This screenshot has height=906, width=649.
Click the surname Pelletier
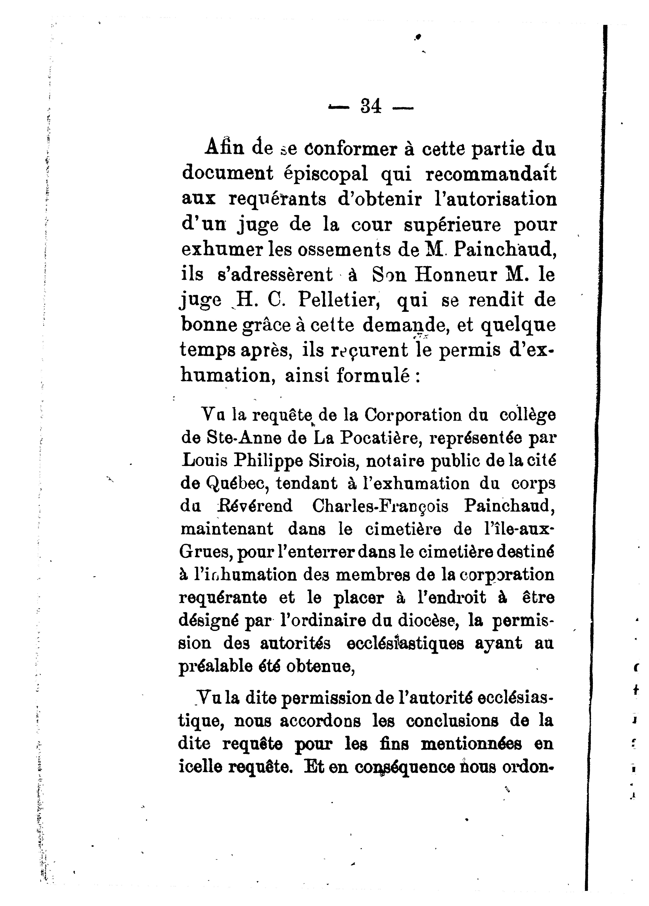tap(338, 300)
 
